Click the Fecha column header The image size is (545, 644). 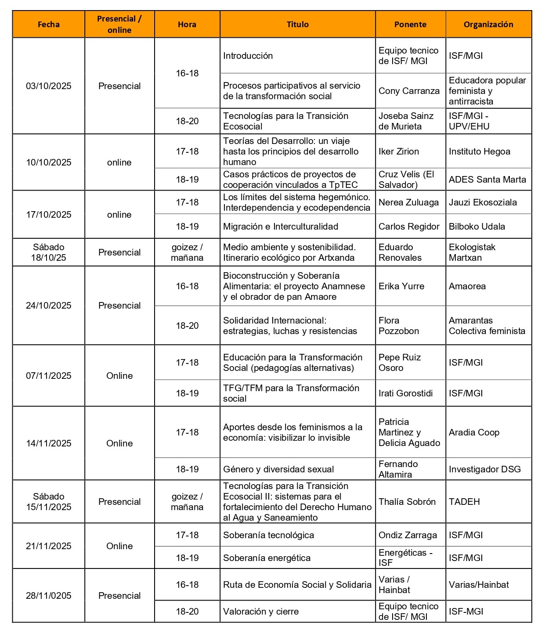pyautogui.click(x=48, y=25)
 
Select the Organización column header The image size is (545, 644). pyautogui.click(x=488, y=25)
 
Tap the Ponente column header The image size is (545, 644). pyautogui.click(x=410, y=25)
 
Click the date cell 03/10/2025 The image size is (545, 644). pyautogui.click(x=48, y=86)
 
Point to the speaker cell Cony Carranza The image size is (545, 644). pyautogui.click(x=409, y=91)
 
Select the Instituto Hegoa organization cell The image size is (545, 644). pyautogui.click(x=479, y=151)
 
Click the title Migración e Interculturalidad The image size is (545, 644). pyautogui.click(x=281, y=227)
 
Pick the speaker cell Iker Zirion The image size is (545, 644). pyautogui.click(x=399, y=151)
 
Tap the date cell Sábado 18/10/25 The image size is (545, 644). pyautogui.click(x=48, y=252)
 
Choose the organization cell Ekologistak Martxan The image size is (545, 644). pyautogui.click(x=472, y=252)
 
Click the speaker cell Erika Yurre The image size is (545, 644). pyautogui.click(x=401, y=286)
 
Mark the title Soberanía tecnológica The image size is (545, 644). pyautogui.click(x=268, y=535)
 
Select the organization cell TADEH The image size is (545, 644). pyautogui.click(x=464, y=502)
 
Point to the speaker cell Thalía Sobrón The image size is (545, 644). pyautogui.click(x=407, y=502)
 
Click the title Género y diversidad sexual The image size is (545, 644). pyautogui.click(x=278, y=469)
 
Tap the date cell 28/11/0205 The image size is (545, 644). pyautogui.click(x=48, y=596)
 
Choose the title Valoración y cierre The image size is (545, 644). pyautogui.click(x=261, y=612)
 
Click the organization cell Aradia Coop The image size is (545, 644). pyautogui.click(x=474, y=432)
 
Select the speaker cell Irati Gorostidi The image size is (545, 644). pyautogui.click(x=405, y=393)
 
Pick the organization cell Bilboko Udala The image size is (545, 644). pyautogui.click(x=476, y=227)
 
